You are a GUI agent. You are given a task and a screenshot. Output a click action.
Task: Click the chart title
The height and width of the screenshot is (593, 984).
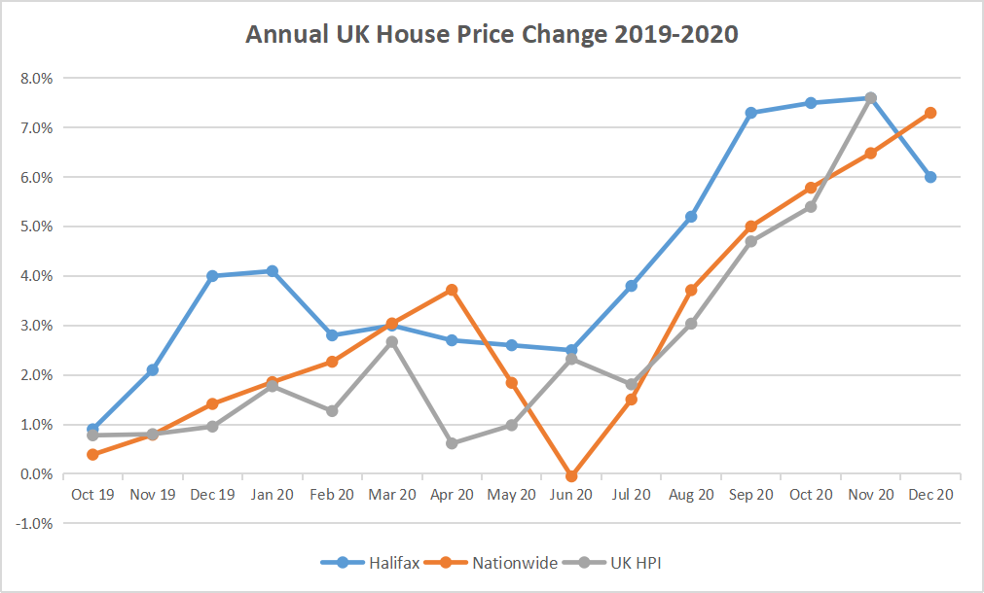coord(492,35)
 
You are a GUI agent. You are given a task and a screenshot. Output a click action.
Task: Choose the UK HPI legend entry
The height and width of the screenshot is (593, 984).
coord(638,562)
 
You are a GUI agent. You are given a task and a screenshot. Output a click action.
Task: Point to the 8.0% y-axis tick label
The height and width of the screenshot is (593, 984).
coord(36,78)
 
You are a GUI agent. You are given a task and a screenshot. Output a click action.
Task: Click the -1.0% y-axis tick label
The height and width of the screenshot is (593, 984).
coord(34,524)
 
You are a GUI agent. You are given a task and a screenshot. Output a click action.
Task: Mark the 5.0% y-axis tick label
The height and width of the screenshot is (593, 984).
coord(36,227)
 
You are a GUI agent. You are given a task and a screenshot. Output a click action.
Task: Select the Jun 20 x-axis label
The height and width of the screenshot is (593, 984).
coord(571,495)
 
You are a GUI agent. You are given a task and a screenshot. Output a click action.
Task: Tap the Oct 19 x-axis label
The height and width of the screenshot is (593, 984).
coord(92,495)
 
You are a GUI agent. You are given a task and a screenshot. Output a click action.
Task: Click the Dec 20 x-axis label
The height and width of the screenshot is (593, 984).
coord(930,495)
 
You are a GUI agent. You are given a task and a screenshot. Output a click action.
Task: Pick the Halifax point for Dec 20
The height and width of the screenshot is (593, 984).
coord(930,177)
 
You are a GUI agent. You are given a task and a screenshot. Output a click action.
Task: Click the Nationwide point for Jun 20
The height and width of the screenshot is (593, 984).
coord(571,476)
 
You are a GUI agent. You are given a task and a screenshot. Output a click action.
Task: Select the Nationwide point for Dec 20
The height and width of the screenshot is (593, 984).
coord(930,113)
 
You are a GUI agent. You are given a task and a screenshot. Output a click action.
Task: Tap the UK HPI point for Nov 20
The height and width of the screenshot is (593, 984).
coord(871,98)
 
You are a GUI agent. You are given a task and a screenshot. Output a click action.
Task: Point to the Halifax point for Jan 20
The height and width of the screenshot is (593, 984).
coord(273,271)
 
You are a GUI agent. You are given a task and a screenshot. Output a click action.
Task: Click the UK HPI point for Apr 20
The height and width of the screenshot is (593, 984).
coord(452,443)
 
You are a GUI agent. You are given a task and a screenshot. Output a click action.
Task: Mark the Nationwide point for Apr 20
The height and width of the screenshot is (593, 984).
coord(452,290)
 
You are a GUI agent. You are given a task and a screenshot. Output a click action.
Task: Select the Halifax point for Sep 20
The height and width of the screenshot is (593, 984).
coord(751,113)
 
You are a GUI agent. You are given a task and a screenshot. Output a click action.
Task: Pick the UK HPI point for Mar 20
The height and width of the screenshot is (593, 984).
coord(391,342)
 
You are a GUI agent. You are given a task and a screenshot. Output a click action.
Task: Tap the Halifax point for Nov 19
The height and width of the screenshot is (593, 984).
coord(153,370)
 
